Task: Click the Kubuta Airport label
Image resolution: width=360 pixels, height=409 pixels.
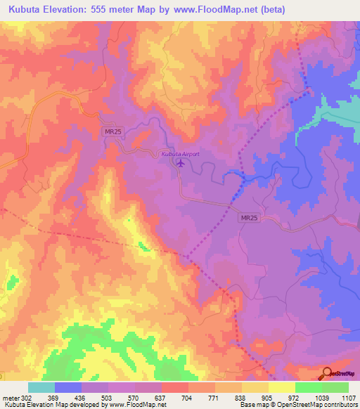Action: pos(181,154)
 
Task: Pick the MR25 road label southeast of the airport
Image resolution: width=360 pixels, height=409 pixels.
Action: pos(249,219)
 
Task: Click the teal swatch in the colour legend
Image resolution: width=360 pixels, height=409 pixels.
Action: pos(41,387)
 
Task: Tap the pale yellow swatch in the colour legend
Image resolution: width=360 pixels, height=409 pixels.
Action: pos(281,387)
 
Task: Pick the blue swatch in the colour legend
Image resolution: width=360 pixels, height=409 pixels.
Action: pos(68,387)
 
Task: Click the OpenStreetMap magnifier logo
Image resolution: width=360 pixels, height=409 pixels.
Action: pos(328,373)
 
